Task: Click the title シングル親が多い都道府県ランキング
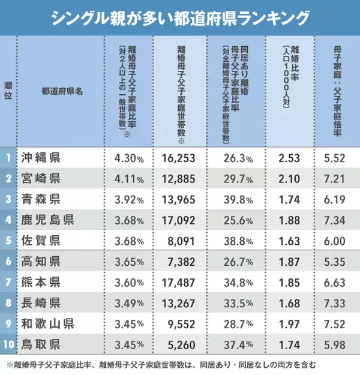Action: [x=180, y=17]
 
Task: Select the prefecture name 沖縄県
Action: [x=40, y=158]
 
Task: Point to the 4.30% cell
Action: [x=128, y=159]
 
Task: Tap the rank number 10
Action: [x=8, y=345]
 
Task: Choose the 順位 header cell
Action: [x=8, y=92]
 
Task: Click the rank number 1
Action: [x=8, y=158]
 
